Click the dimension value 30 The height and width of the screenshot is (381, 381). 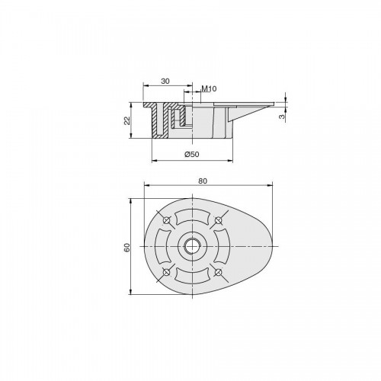[165, 82]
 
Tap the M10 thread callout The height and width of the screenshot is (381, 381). [209, 88]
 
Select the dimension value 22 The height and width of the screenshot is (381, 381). [127, 120]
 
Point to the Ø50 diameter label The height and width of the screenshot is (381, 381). [192, 154]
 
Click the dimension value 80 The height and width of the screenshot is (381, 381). [203, 181]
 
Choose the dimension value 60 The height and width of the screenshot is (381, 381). [127, 248]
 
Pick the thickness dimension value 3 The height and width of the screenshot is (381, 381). [281, 117]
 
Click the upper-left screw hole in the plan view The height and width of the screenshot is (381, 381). [166, 220]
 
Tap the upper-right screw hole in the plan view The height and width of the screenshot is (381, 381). [218, 220]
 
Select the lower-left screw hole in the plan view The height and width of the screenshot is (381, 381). [166, 272]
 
